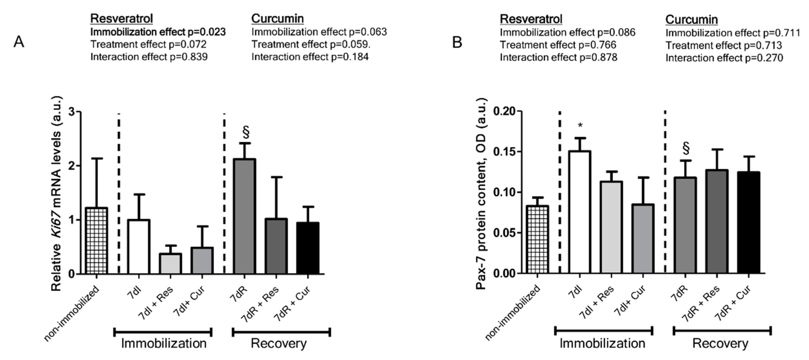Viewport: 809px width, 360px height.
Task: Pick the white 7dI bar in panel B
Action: (580, 212)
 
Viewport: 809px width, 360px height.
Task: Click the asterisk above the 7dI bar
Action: (580, 126)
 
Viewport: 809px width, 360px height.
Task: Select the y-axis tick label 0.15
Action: (503, 152)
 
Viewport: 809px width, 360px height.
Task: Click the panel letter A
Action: (19, 42)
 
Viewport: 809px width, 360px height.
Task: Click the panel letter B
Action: (457, 42)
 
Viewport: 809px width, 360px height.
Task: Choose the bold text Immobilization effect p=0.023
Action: (158, 32)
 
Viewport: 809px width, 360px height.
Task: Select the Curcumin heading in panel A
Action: (277, 19)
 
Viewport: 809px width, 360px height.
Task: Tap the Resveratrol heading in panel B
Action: (531, 19)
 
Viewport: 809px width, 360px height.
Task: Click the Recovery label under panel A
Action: (279, 343)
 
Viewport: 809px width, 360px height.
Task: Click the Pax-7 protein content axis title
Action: (481, 193)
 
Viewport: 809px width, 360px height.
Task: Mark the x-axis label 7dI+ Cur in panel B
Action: (630, 302)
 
